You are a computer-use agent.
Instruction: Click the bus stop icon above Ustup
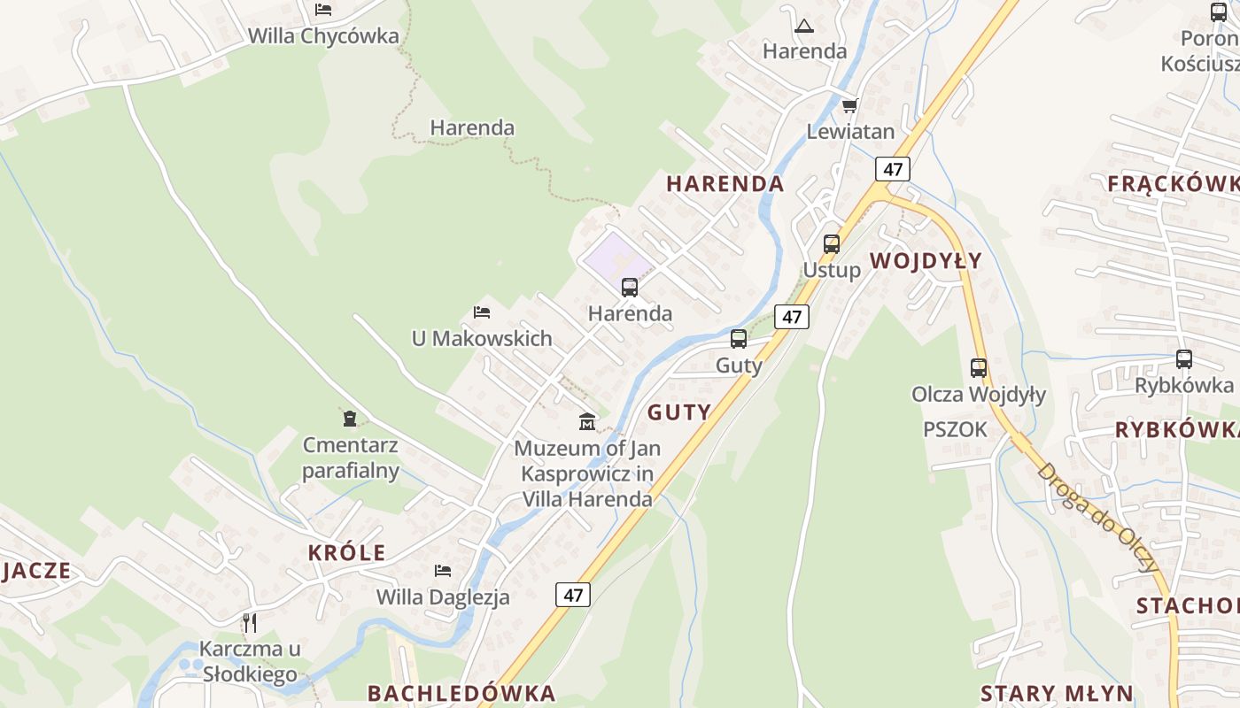pyautogui.click(x=831, y=244)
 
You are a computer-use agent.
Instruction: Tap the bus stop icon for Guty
pyautogui.click(x=739, y=339)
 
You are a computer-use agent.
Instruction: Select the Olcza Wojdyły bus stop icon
pyautogui.click(x=979, y=368)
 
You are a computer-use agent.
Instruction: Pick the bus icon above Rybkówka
pyautogui.click(x=1184, y=359)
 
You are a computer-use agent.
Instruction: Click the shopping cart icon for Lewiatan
pyautogui.click(x=849, y=106)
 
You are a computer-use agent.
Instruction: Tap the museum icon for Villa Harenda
pyautogui.click(x=586, y=421)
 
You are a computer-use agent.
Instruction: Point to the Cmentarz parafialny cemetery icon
pyautogui.click(x=350, y=418)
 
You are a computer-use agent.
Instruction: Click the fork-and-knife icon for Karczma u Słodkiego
pyautogui.click(x=250, y=623)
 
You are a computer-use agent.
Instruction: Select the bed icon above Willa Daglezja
pyautogui.click(x=443, y=571)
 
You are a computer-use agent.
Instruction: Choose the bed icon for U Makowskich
pyautogui.click(x=482, y=312)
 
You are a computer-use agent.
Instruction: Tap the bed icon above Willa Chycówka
pyautogui.click(x=323, y=10)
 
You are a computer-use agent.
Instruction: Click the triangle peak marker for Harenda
pyautogui.click(x=804, y=26)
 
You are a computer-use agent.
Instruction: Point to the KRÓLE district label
pyautogui.click(x=347, y=553)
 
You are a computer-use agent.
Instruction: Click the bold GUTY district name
pyautogui.click(x=679, y=412)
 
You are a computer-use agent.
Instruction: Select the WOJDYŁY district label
pyautogui.click(x=926, y=260)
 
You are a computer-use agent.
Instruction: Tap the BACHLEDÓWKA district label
pyautogui.click(x=461, y=693)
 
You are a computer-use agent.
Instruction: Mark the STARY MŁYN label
pyautogui.click(x=1057, y=693)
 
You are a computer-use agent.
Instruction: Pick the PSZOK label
pyautogui.click(x=955, y=429)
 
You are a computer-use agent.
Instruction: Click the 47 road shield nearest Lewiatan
pyautogui.click(x=893, y=169)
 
